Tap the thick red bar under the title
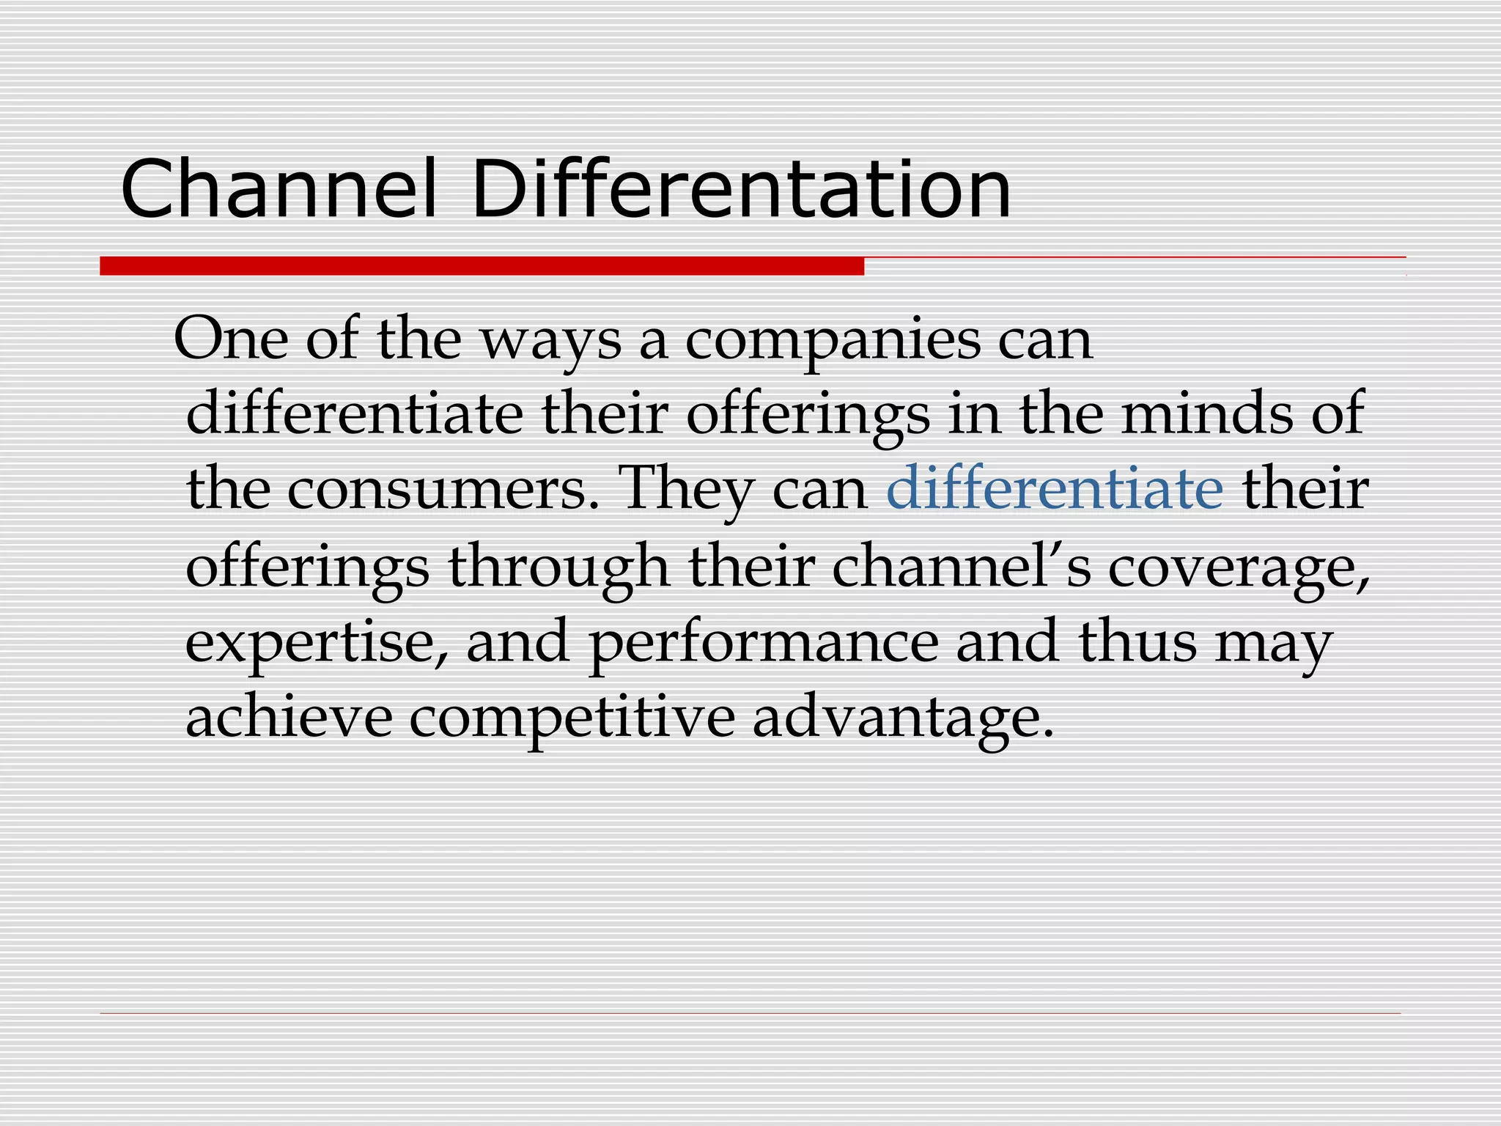click(x=482, y=266)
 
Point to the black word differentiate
click(x=355, y=413)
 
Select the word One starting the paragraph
click(x=231, y=339)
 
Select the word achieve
click(x=289, y=716)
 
